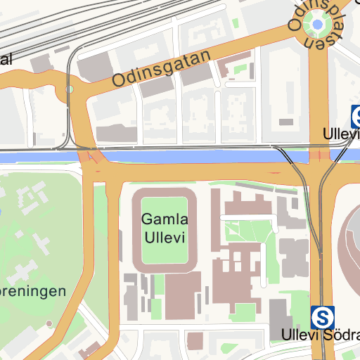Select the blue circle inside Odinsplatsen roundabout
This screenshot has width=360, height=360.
click(x=318, y=27)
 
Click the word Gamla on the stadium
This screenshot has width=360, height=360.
click(x=164, y=220)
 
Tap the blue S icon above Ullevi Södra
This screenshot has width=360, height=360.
click(x=323, y=316)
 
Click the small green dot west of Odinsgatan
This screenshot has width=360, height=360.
click(x=69, y=89)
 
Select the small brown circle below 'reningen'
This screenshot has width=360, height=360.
click(x=49, y=323)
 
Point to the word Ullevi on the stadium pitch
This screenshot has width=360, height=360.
click(x=164, y=238)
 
